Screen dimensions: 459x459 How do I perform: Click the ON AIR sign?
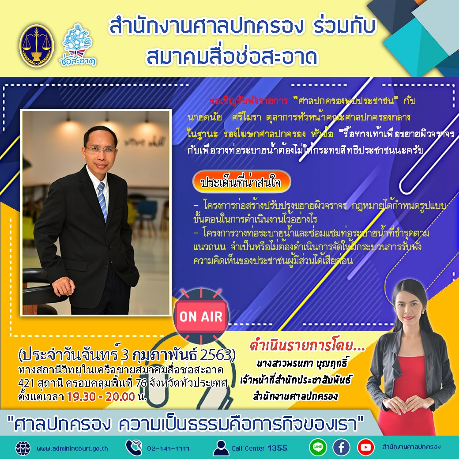pyautogui.click(x=201, y=316)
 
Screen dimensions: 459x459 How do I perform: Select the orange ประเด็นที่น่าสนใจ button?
pyautogui.click(x=241, y=182)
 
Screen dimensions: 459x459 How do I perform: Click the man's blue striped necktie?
pyautogui.click(x=102, y=201)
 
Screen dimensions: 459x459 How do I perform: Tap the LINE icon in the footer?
pyautogui.click(x=318, y=447)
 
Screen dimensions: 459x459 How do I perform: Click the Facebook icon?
pyautogui.click(x=341, y=447)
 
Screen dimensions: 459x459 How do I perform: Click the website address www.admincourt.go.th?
pyautogui.click(x=72, y=448)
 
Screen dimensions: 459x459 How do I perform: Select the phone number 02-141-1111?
pyautogui.click(x=169, y=448)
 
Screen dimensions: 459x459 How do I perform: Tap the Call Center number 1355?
pyautogui.click(x=277, y=448)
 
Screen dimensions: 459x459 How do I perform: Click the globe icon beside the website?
pyautogui.click(x=23, y=448)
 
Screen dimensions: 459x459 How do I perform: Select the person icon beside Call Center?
pyautogui.click(x=221, y=448)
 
